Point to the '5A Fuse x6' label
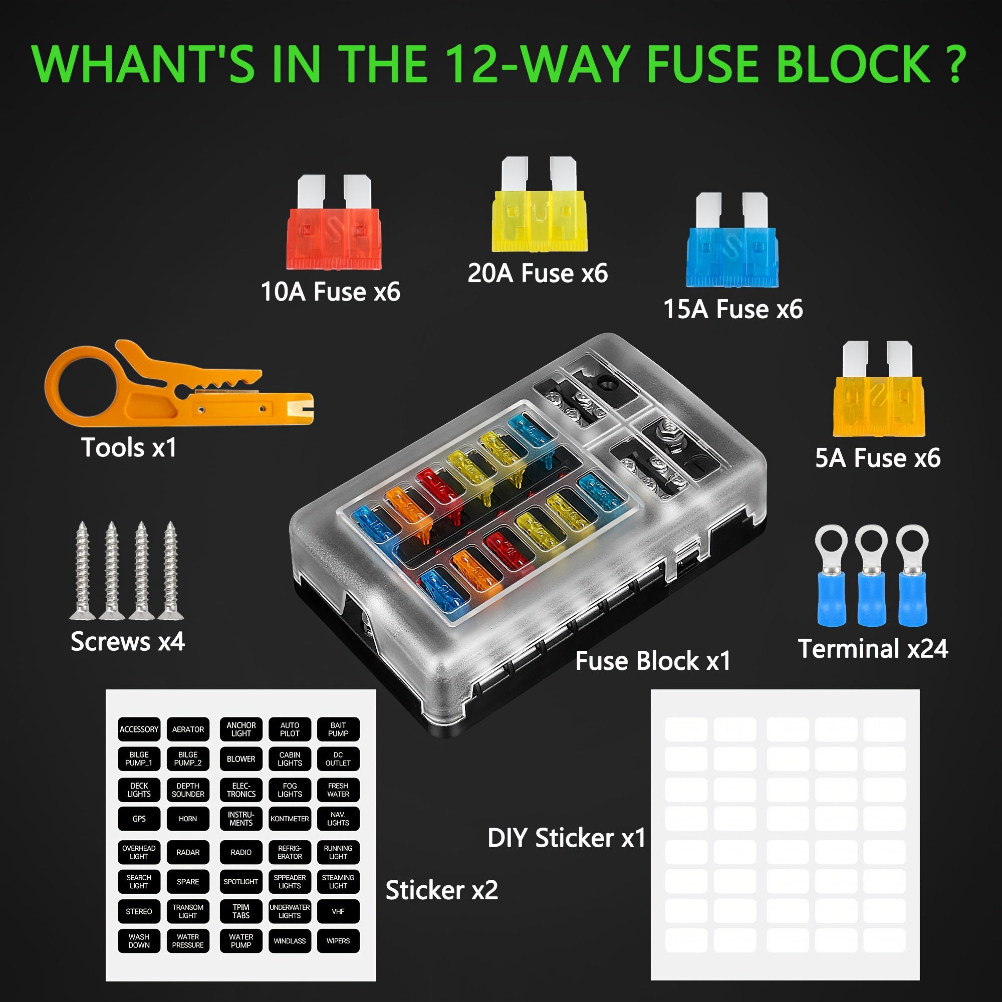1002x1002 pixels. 878,458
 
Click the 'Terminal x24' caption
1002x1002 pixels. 873,649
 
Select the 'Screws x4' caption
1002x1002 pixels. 128,642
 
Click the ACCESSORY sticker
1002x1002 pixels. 139,729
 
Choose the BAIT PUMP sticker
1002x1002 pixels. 338,729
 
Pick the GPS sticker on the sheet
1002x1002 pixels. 139,819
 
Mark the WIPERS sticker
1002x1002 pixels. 338,941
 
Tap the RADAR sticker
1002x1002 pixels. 188,853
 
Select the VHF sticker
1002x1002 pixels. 338,911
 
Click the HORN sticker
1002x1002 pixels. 188,819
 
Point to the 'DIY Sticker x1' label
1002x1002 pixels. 566,838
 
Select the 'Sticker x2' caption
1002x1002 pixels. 441,890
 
